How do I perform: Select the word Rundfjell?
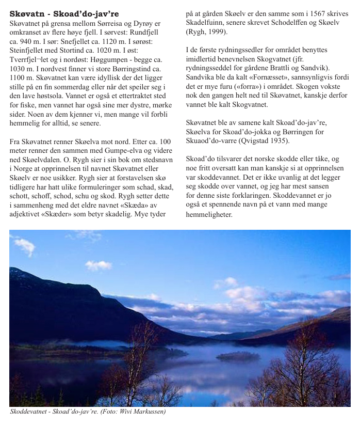pyautogui.click(x=144, y=32)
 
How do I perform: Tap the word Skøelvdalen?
pyautogui.click(x=42, y=159)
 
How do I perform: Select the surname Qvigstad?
pyautogui.click(x=252, y=140)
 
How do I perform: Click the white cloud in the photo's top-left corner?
pyautogui.click(x=24, y=246)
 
